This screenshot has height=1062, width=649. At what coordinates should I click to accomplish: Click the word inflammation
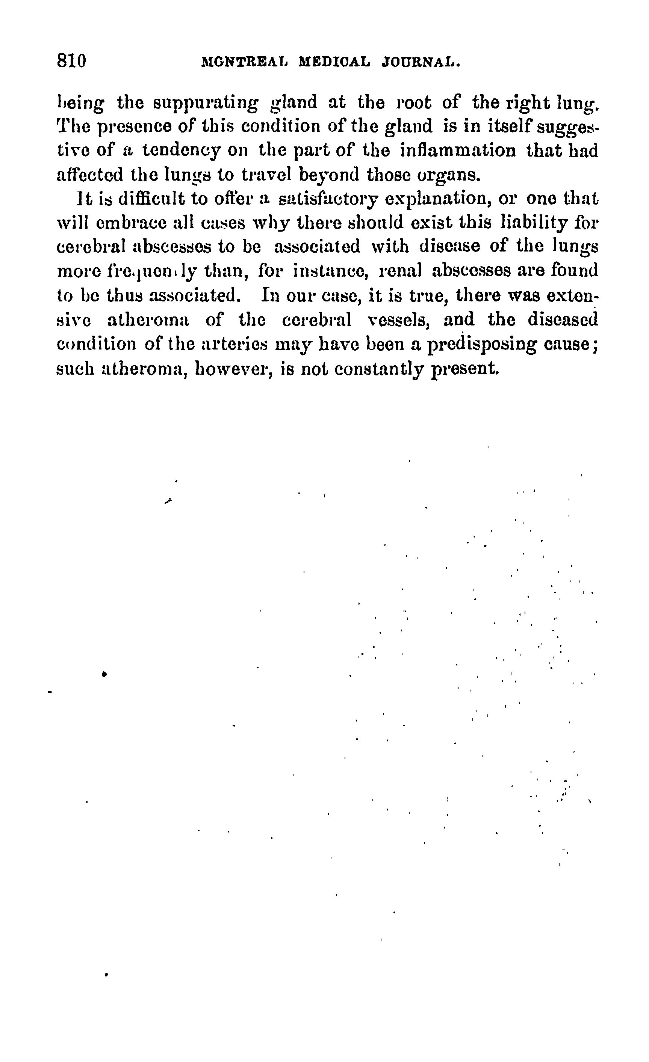coord(458,151)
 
